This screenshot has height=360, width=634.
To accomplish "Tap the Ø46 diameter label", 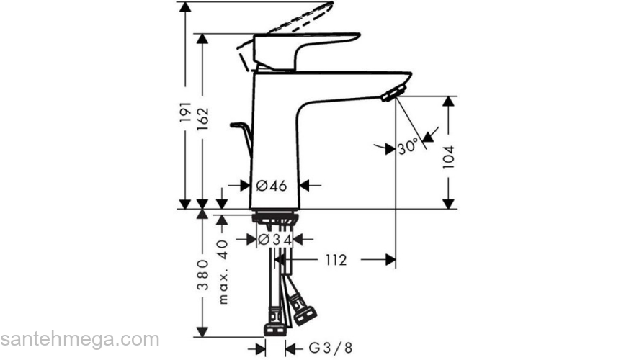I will point(272,186).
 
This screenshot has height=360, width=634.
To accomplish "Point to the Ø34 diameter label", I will point(274,238).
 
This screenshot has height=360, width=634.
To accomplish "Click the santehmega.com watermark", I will point(79,338).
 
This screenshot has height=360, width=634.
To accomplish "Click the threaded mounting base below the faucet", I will point(276,219).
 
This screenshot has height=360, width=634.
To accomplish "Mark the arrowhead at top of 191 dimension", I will point(186,7).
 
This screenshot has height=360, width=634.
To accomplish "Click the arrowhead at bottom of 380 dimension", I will point(203,333).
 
